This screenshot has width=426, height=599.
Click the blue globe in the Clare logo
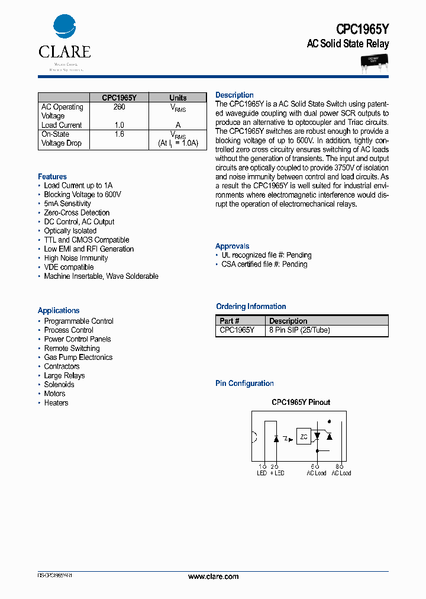64,27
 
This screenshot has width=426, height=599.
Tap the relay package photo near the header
374,62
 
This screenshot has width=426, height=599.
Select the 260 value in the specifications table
119,107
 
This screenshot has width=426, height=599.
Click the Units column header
177,98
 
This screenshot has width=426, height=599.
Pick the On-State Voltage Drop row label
62,139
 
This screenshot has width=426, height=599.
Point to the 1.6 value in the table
119,134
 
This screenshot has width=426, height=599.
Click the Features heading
52,176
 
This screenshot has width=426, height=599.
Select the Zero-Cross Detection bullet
76,212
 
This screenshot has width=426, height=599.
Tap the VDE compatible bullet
69,267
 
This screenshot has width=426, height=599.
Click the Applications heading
59,310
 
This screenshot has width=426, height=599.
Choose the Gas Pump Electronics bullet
78,357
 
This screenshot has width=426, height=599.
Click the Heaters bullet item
56,402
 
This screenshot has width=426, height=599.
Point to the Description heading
234,95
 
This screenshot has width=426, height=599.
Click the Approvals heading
232,246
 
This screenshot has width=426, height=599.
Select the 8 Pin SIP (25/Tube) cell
299,330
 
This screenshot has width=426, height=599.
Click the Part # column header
230,321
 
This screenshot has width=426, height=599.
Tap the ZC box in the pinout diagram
303,437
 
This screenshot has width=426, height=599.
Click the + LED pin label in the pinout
276,473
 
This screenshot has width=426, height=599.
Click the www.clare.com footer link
213,576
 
